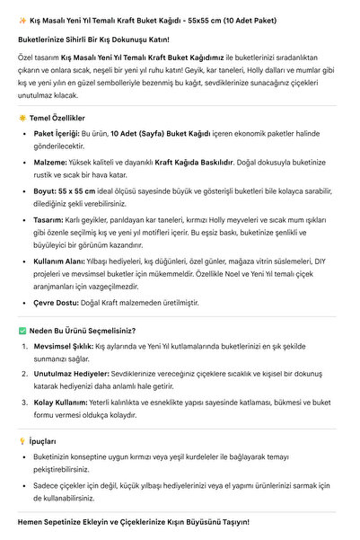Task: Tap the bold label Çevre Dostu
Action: pyautogui.click(x=58, y=302)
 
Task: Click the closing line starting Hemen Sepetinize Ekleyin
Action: pyautogui.click(x=133, y=521)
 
